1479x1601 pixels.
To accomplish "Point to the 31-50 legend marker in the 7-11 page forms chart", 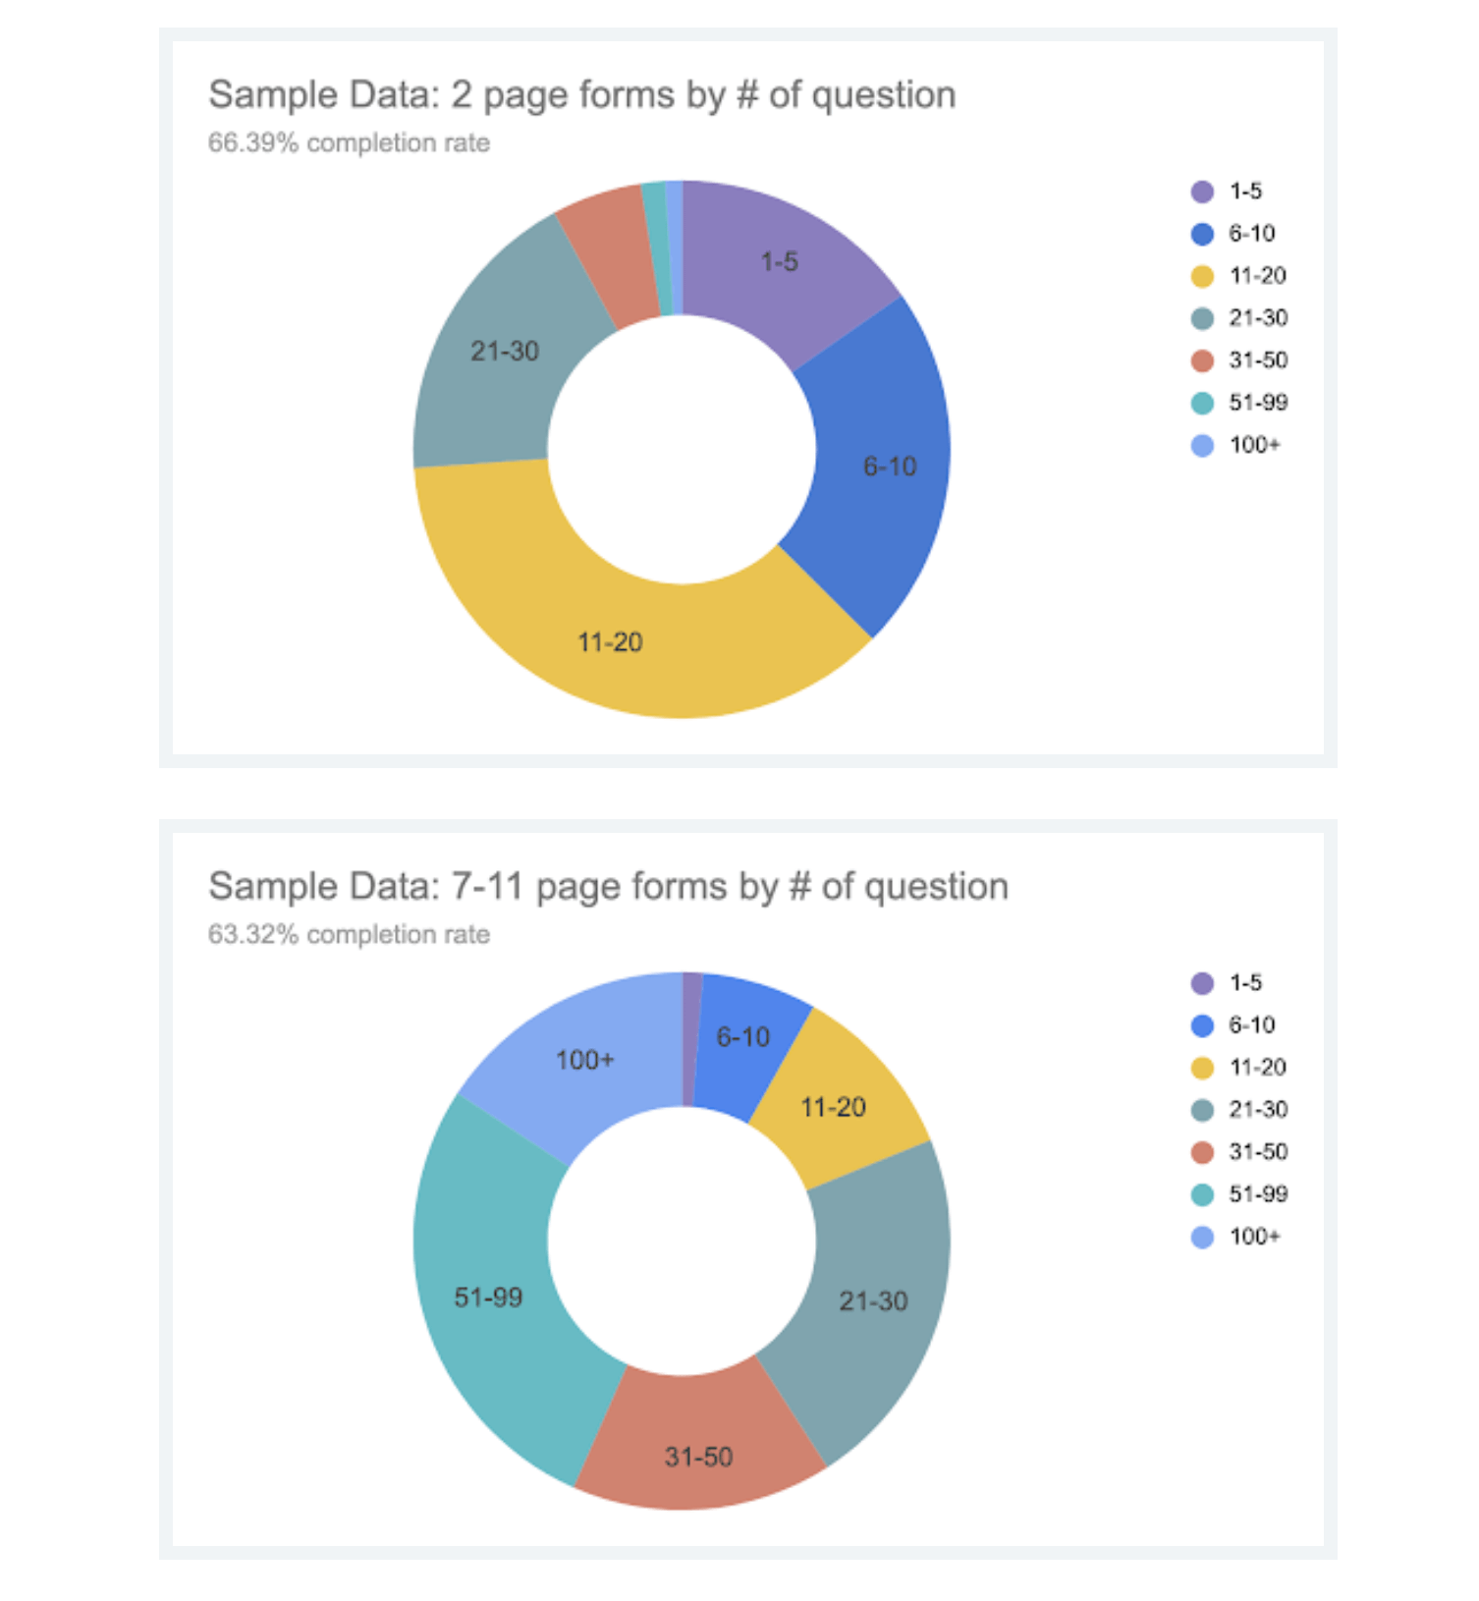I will [x=1202, y=1152].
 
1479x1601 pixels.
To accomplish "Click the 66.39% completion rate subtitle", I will [x=349, y=143].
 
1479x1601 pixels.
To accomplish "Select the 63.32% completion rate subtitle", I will [x=349, y=935].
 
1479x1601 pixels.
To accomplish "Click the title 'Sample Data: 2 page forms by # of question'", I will [x=581, y=95].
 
